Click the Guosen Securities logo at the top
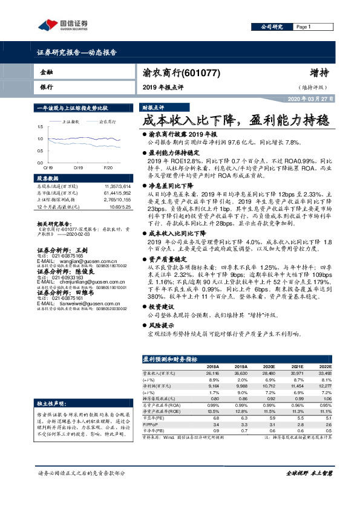point(63,25)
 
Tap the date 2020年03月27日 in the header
point(309,98)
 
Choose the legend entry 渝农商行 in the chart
point(108,122)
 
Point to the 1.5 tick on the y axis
point(40,126)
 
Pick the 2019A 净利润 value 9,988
point(241,384)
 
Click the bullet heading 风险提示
point(160,325)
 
